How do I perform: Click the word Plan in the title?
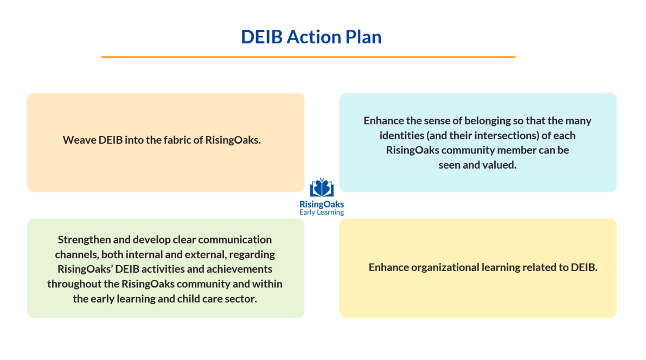pyautogui.click(x=363, y=37)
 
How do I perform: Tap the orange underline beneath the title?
pyautogui.click(x=308, y=56)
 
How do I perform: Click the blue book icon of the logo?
pyautogui.click(x=322, y=188)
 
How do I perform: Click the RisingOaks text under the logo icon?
pyautogui.click(x=322, y=204)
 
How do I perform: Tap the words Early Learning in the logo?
pyautogui.click(x=322, y=213)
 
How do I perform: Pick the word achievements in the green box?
pyautogui.click(x=242, y=269)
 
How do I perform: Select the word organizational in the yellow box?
pyautogui.click(x=441, y=267)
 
